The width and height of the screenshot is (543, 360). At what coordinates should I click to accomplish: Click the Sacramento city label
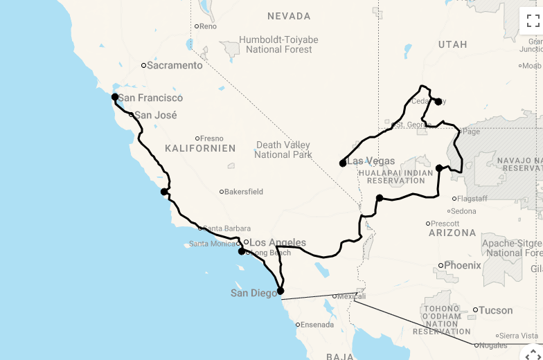click(175, 66)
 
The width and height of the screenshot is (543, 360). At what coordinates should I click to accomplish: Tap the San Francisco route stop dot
click(115, 98)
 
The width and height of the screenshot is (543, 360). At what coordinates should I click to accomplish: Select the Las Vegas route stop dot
click(343, 163)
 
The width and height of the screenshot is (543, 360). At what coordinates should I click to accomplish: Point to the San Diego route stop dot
click(281, 291)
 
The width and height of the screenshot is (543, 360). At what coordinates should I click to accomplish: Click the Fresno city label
click(211, 138)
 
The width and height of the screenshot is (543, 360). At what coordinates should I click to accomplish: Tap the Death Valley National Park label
click(283, 150)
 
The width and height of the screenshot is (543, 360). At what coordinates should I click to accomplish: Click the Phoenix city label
click(462, 265)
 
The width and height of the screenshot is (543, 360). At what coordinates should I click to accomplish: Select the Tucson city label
click(497, 310)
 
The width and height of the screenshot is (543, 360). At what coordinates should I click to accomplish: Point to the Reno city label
click(208, 26)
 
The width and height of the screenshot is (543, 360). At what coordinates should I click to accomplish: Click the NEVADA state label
click(289, 16)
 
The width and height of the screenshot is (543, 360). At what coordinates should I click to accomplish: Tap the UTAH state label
click(452, 44)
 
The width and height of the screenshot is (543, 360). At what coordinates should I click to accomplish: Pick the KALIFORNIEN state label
click(200, 148)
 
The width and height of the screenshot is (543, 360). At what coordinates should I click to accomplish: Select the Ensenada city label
click(317, 324)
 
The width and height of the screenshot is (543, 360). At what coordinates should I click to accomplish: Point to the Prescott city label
click(445, 224)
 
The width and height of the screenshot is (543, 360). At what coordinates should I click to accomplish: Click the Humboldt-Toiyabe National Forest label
click(276, 44)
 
